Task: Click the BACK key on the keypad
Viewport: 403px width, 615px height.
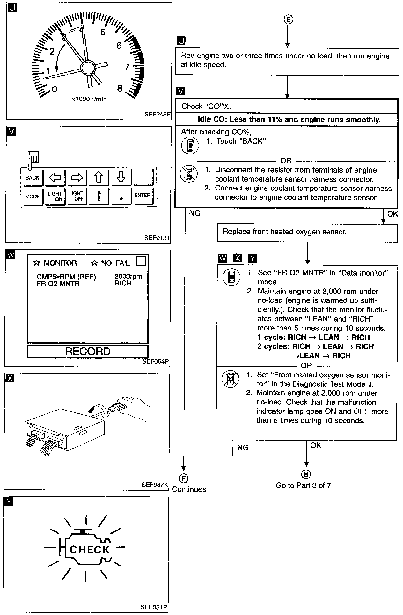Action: click(32, 178)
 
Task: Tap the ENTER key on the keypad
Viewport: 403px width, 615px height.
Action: click(142, 195)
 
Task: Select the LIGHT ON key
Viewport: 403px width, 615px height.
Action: click(55, 196)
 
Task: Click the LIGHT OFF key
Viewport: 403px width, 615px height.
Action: click(76, 196)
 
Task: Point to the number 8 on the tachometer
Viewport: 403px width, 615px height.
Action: click(120, 88)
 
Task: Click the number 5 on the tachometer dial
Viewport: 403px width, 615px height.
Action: click(103, 32)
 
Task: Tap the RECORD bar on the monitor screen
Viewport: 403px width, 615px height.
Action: click(88, 352)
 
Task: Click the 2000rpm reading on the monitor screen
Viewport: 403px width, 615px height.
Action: click(128, 277)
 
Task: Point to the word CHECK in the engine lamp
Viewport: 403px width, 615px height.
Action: click(90, 550)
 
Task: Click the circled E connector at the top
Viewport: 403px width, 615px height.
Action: click(288, 19)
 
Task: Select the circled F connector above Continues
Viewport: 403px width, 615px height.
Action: click(184, 478)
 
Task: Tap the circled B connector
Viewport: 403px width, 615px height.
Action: click(306, 474)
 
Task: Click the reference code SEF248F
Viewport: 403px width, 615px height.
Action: click(157, 114)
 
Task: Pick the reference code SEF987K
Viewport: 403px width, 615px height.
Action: click(155, 485)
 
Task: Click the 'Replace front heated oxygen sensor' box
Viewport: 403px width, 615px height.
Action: click(307, 233)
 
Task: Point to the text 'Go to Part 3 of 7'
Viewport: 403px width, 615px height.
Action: click(303, 485)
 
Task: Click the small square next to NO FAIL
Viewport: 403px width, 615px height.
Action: click(141, 262)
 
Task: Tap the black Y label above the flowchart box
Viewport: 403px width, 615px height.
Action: click(253, 258)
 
